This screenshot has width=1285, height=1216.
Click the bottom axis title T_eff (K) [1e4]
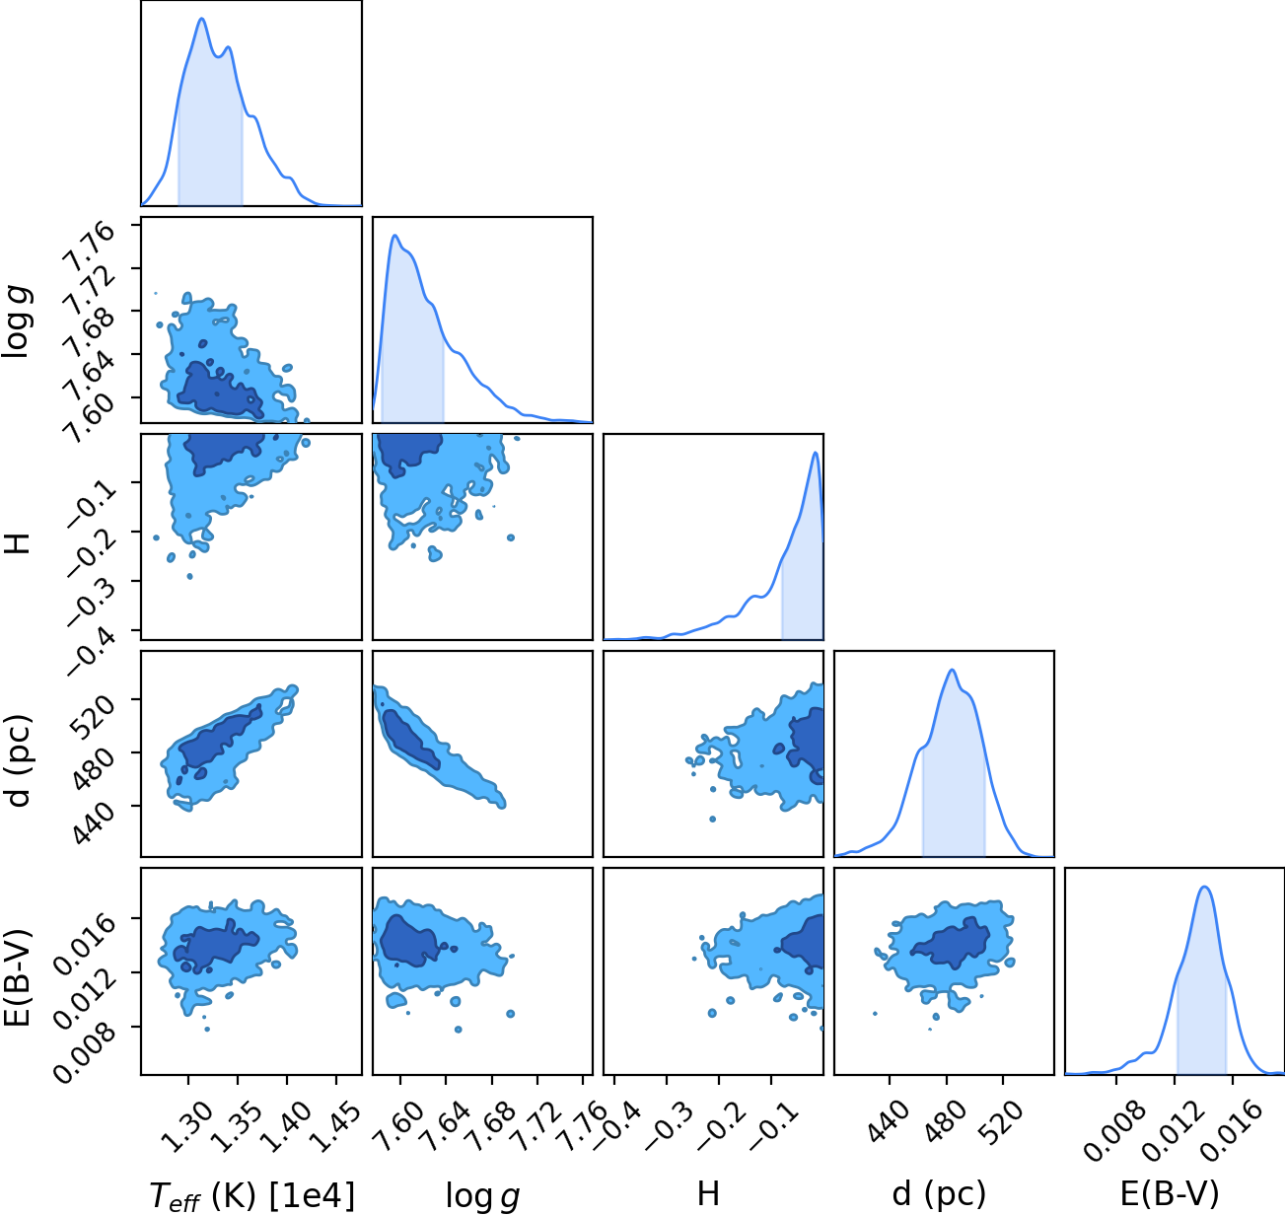click(252, 1195)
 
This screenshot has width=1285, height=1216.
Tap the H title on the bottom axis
click(709, 1193)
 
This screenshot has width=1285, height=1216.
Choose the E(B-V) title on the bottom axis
click(1170, 1193)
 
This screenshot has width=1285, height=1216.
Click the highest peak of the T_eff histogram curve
click(202, 19)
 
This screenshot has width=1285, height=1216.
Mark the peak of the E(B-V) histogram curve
click(1204, 888)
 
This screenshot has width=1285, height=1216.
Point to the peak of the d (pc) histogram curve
click(953, 670)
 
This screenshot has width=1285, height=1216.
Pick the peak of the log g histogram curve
click(394, 236)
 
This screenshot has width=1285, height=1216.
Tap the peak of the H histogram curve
click(815, 453)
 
